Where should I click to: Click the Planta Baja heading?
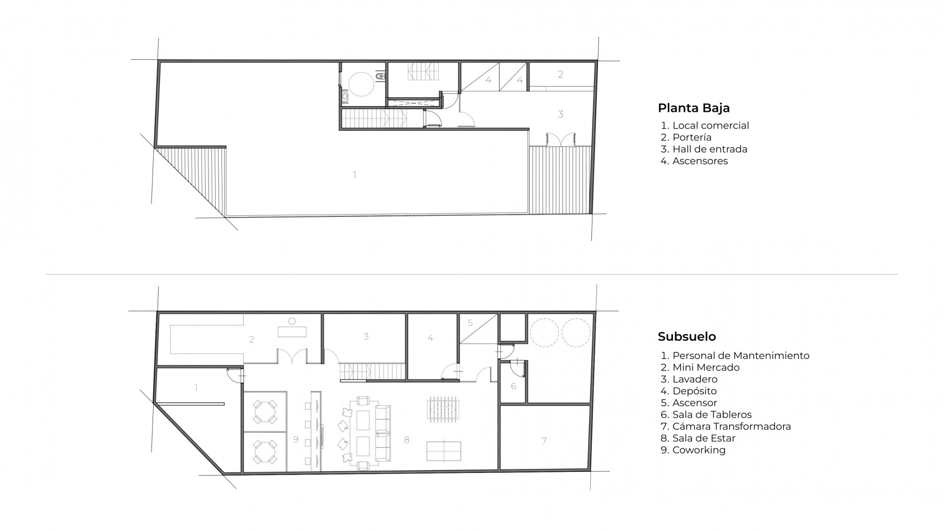tap(694, 108)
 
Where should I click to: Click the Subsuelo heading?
tap(686, 336)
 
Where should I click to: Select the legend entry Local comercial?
tap(710, 126)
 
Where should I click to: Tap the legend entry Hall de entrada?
tap(710, 149)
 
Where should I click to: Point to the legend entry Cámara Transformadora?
tap(732, 426)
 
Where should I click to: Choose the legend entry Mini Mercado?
tap(706, 367)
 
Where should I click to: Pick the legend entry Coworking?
tap(699, 450)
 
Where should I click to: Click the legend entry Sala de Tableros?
tap(712, 415)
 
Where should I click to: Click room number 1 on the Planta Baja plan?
tap(354, 174)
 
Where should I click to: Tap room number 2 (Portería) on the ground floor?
tap(561, 74)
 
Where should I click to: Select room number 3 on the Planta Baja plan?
tap(561, 114)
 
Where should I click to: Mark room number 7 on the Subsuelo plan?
tap(544, 441)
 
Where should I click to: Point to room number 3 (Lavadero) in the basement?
tap(366, 336)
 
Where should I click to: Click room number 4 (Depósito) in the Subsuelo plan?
tap(430, 338)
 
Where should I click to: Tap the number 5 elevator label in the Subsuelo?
tap(470, 323)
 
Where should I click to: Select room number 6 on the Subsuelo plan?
tap(513, 386)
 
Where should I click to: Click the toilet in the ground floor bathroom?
tap(380, 77)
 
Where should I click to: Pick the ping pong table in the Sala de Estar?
tap(444, 452)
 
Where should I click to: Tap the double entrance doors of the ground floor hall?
tap(561, 140)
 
